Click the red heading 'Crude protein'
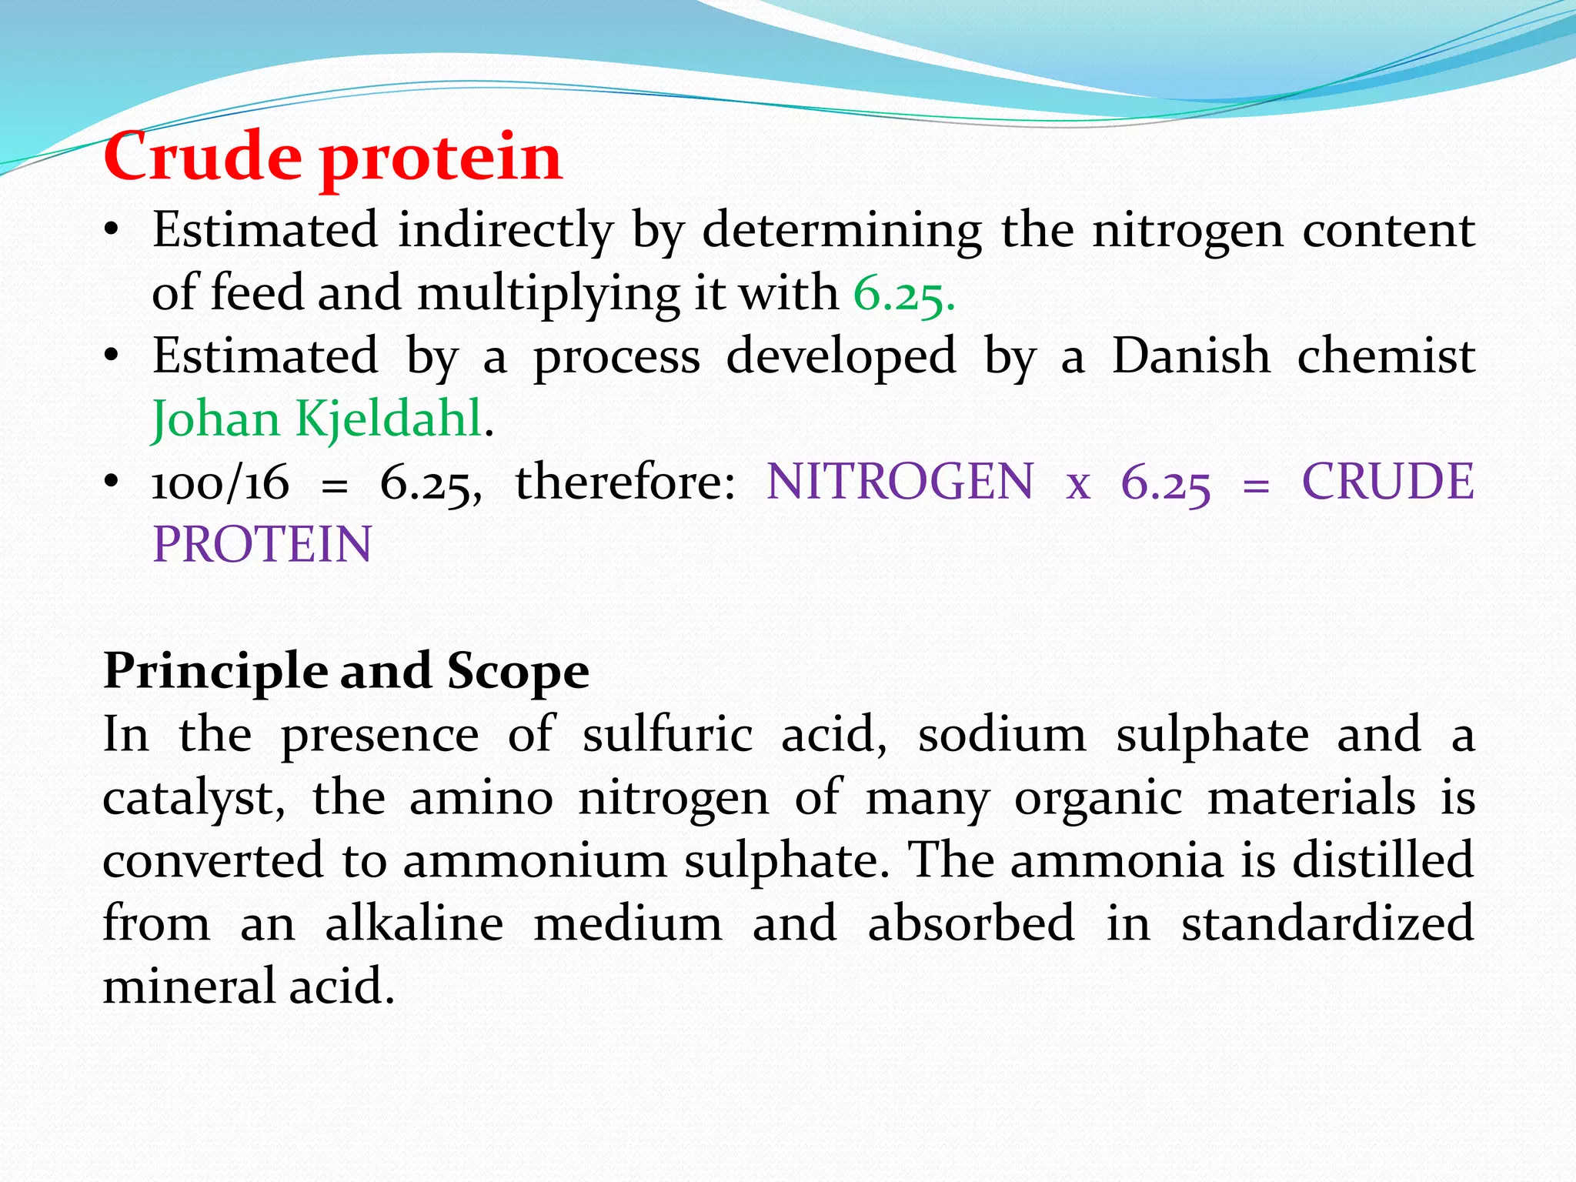pos(332,157)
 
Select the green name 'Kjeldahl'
pos(389,419)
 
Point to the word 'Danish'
pos(1190,356)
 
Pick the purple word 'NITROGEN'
pos(900,482)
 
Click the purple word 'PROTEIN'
pos(262,546)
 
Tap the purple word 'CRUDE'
pos(1387,482)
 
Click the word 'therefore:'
pos(625,482)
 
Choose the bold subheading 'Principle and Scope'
pos(346,671)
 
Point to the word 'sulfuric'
pos(667,734)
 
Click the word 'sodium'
pos(1002,734)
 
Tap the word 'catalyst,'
pos(194,799)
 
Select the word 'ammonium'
pos(535,860)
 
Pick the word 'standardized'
pos(1327,923)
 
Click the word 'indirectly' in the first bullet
pos(506,231)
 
